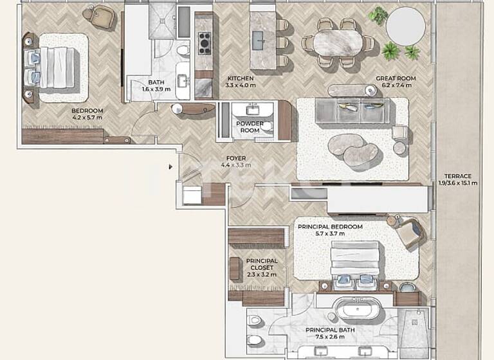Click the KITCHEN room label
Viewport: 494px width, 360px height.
click(241, 78)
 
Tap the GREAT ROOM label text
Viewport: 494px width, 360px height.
click(396, 78)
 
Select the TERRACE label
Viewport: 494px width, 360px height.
click(457, 176)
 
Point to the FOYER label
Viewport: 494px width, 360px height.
click(235, 158)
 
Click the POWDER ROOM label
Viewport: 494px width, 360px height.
click(249, 127)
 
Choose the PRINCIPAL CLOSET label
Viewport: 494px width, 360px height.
click(262, 264)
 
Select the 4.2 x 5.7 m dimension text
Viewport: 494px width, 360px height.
click(87, 118)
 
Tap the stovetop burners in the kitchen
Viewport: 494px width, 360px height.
click(205, 43)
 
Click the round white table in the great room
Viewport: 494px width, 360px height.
click(406, 26)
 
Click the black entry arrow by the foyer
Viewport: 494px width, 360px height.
click(170, 167)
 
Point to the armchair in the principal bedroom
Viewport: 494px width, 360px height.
click(408, 233)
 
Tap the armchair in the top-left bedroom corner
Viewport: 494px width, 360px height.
click(102, 17)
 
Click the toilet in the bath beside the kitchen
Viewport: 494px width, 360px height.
click(183, 50)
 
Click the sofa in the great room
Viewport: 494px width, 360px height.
click(358, 111)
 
